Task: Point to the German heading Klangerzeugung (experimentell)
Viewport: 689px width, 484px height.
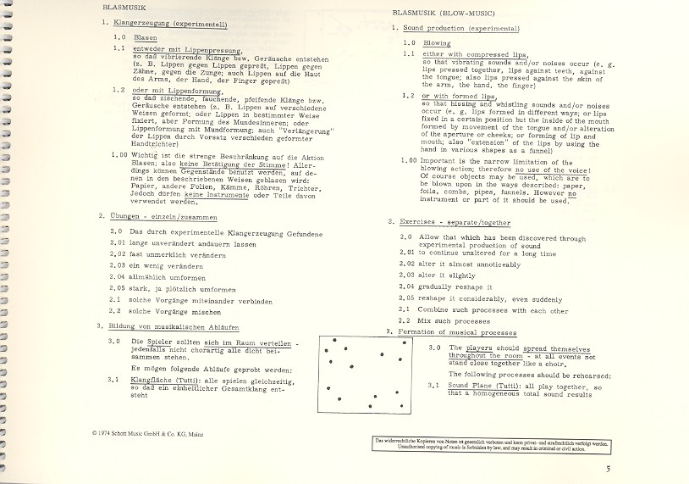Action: (x=163, y=25)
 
